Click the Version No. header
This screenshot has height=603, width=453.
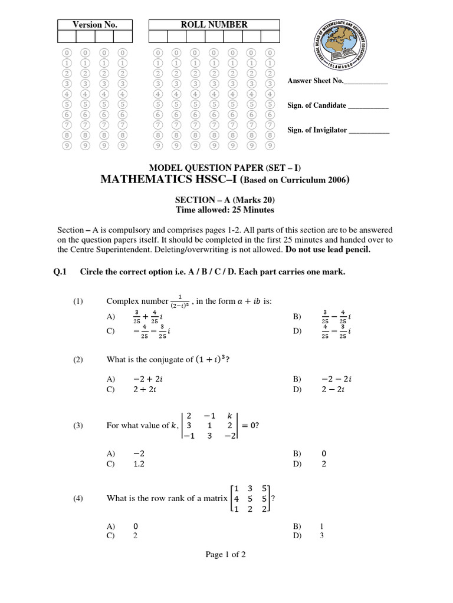(94, 24)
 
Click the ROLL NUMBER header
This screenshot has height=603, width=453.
(214, 24)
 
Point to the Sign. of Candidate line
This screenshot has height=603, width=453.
(368, 107)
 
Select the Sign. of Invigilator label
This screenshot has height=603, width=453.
(317, 130)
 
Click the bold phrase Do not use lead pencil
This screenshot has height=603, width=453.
(328, 249)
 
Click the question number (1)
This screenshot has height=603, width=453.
(79, 301)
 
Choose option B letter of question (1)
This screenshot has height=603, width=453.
(297, 317)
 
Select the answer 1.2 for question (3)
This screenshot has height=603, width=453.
(139, 464)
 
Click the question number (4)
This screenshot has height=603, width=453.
(79, 498)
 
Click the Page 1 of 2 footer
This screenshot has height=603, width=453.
(225, 554)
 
